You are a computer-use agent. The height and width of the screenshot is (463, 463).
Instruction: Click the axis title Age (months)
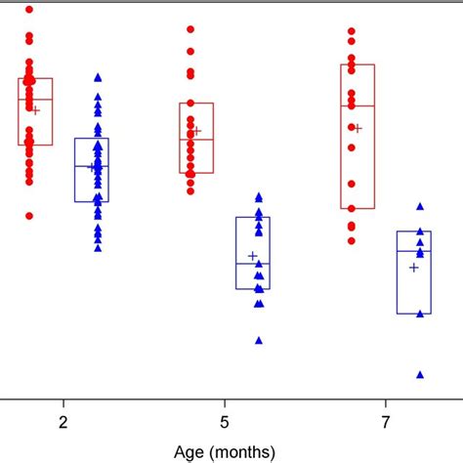tap(224, 451)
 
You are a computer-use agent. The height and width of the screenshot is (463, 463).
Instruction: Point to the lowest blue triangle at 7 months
tap(420, 374)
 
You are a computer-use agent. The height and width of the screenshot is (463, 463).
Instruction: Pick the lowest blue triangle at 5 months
tap(259, 340)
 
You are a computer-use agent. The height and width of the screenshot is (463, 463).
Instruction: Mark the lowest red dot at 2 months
tap(29, 215)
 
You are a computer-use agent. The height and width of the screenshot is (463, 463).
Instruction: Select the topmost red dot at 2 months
tap(29, 10)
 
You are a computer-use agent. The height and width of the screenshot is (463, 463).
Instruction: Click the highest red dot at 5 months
tap(190, 29)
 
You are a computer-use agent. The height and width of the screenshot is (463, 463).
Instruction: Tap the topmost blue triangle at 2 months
tap(98, 77)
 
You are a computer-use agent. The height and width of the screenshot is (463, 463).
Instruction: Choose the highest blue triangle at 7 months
tap(420, 206)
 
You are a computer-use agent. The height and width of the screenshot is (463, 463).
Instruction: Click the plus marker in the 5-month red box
tap(196, 131)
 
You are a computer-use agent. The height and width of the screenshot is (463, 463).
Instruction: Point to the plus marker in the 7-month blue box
tap(414, 267)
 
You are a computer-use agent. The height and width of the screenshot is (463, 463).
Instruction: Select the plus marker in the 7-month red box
tap(358, 128)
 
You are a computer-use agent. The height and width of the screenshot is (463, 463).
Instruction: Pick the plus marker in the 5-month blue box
tap(253, 256)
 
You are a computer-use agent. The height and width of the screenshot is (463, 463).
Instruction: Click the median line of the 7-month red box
tap(358, 105)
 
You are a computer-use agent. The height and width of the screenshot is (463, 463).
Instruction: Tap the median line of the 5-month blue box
tap(253, 264)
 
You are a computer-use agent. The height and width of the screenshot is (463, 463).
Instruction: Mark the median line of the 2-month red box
tap(35, 100)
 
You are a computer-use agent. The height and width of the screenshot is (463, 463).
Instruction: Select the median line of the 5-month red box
tap(196, 139)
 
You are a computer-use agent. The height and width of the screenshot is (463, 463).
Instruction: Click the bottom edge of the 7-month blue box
tap(414, 314)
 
